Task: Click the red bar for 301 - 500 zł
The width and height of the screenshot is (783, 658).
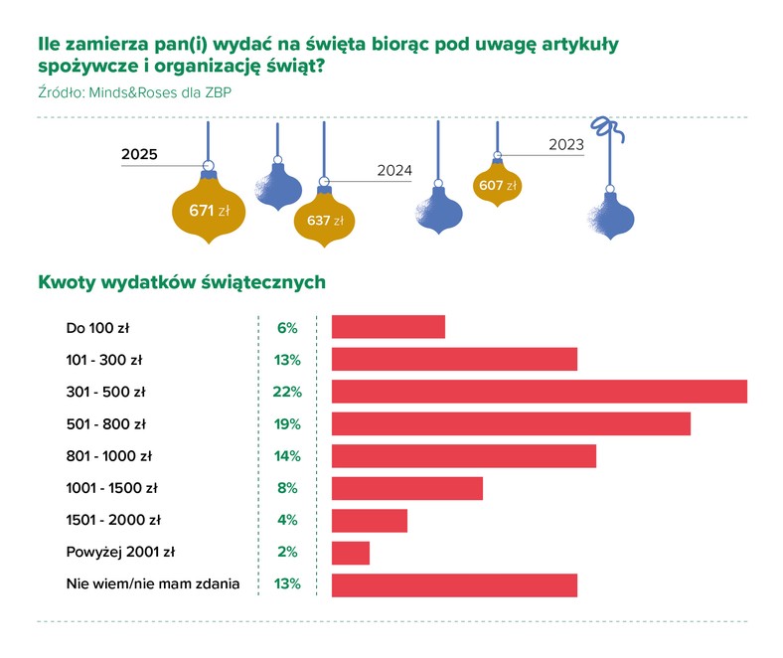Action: [539, 392]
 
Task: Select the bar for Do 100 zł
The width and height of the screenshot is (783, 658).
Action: [388, 327]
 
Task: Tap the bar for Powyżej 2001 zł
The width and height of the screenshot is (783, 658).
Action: [350, 553]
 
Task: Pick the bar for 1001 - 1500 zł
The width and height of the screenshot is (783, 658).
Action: [406, 488]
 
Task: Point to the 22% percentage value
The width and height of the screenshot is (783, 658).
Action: [286, 392]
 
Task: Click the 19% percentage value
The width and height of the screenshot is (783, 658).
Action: [286, 424]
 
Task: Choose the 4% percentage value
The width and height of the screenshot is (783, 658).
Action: [286, 520]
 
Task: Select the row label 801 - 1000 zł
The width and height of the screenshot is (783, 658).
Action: [108, 456]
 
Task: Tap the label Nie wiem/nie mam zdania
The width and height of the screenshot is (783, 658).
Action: [152, 584]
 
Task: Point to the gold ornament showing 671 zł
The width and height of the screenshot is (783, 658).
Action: [209, 210]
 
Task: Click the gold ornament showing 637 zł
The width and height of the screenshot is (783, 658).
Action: [324, 220]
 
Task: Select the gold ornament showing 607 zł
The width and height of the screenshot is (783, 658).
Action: [498, 185]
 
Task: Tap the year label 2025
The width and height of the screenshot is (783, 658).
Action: [140, 154]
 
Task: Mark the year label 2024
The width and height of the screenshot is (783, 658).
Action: [394, 170]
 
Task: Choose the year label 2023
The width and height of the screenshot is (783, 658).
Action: [565, 145]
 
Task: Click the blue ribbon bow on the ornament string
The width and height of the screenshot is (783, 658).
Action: [603, 128]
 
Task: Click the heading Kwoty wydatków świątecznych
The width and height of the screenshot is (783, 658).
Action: [182, 282]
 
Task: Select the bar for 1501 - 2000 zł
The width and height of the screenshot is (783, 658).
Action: [369, 520]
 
